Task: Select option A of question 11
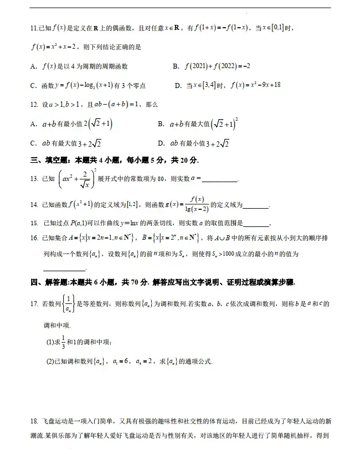coord(34,66)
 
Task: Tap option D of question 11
coord(178,85)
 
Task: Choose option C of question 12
coord(34,143)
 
